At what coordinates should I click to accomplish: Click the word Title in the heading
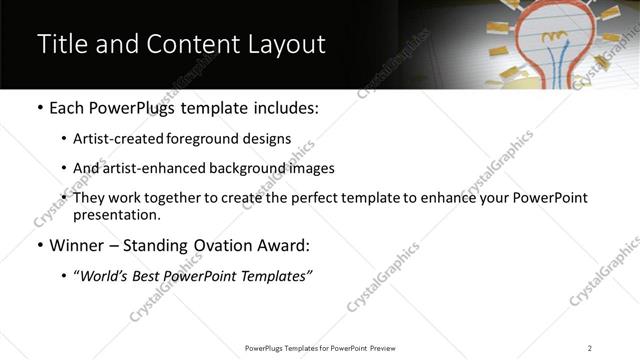coord(60,45)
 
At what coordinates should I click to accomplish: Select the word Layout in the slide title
coord(285,45)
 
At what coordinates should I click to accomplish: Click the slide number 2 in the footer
coord(589,348)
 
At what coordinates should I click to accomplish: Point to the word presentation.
coord(117,215)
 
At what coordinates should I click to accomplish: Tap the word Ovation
coord(218,245)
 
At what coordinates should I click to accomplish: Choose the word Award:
coord(283,245)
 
